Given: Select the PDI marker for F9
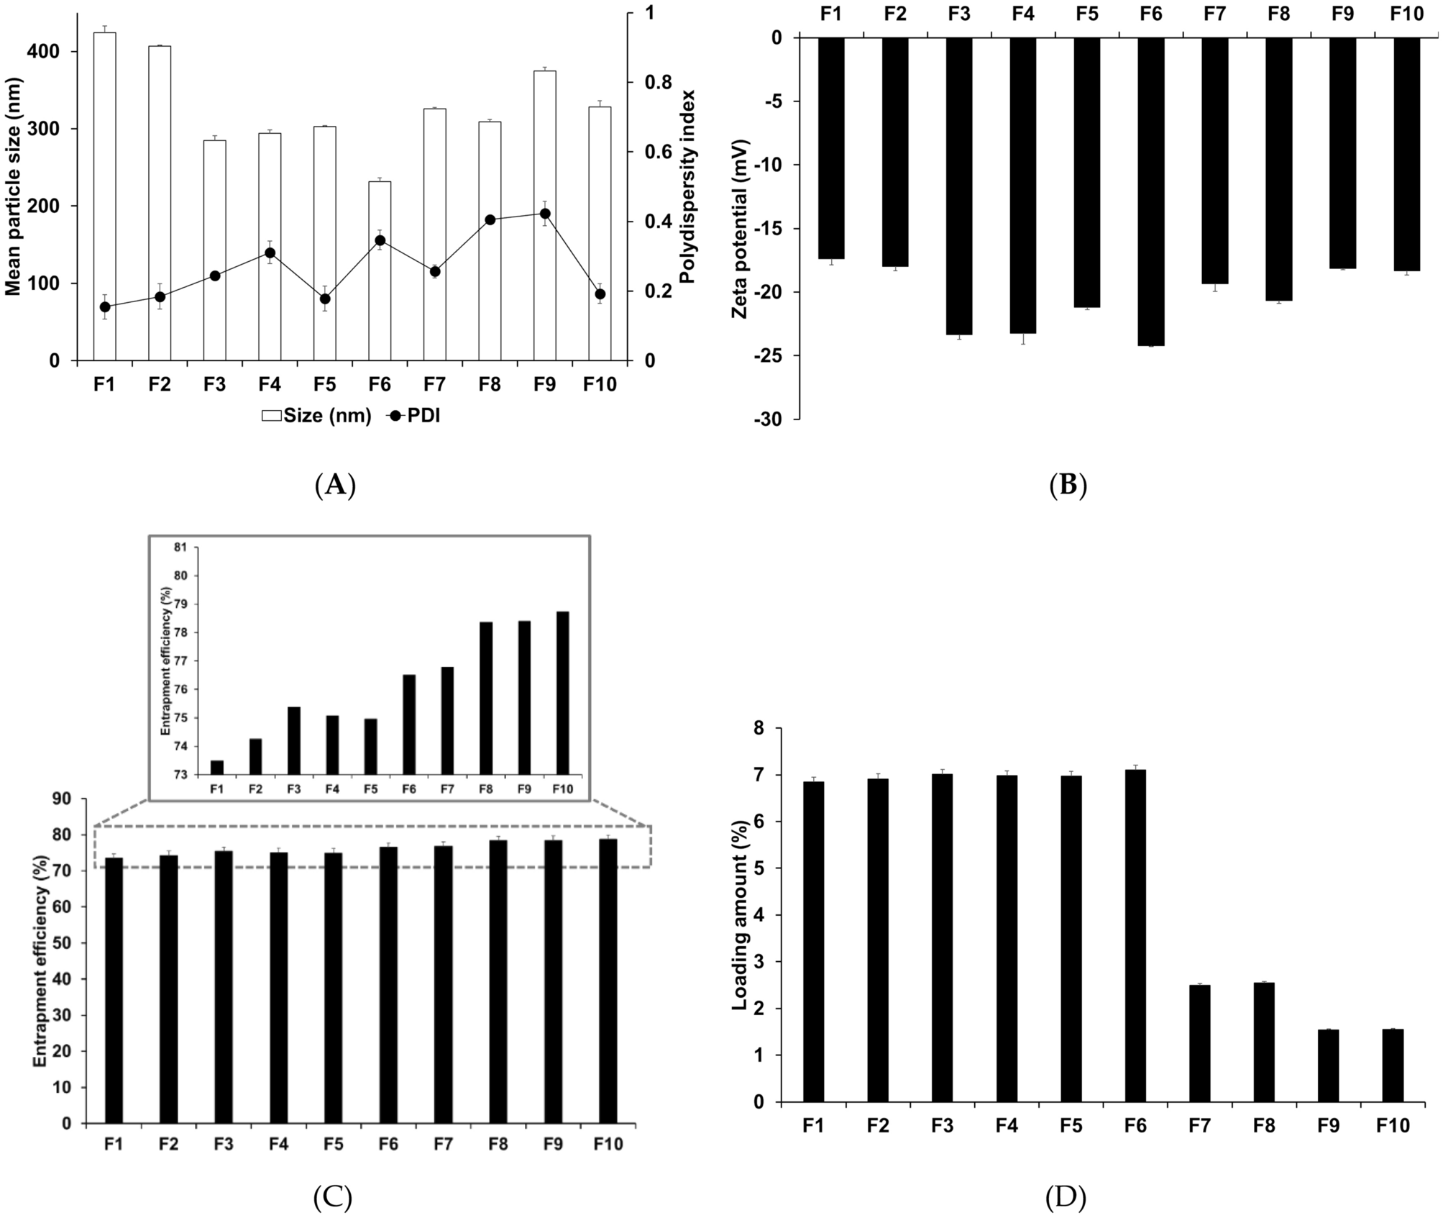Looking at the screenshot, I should [544, 214].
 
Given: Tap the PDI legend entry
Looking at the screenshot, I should [413, 416].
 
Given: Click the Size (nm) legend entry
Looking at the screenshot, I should [316, 416].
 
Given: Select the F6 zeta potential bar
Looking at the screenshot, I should [1150, 191].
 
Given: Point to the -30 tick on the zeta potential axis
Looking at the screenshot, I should [776, 419].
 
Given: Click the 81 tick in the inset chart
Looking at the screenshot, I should [179, 547].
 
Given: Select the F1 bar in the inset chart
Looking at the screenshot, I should [217, 767].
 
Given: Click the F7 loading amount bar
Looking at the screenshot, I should [1199, 1043].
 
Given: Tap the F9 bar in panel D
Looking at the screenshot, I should [1328, 1065].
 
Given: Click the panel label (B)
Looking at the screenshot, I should [1067, 486].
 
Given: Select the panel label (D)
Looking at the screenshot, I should [1066, 1197].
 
